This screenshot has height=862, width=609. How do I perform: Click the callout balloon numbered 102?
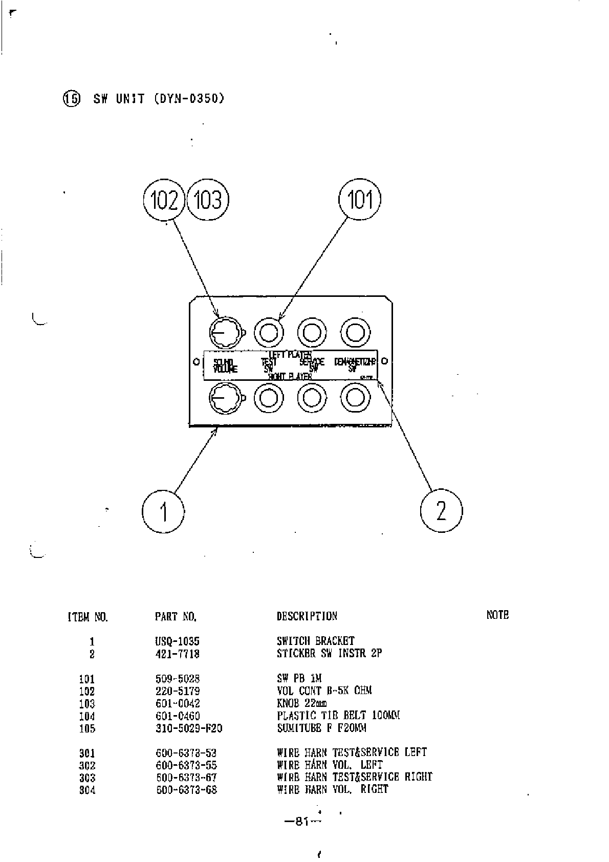164,200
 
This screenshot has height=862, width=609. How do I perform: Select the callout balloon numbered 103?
207,200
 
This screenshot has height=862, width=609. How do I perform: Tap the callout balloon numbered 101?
360,199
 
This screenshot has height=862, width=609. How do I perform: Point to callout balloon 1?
163,511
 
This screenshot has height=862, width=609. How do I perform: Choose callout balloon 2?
441,510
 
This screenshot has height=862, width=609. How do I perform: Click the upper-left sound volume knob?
224,333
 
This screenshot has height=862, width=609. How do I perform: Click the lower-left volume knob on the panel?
224,398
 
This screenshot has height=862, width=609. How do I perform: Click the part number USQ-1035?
177,641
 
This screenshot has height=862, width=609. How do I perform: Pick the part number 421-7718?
177,654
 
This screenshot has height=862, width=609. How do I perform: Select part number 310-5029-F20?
189,728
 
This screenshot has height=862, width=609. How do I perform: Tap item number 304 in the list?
87,790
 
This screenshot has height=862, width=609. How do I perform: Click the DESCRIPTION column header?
307,616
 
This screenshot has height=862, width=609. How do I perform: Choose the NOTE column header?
497,615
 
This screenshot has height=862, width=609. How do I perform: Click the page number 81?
302,822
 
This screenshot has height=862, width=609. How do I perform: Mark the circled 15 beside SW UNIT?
72,98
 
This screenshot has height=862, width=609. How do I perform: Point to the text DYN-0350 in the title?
189,98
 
